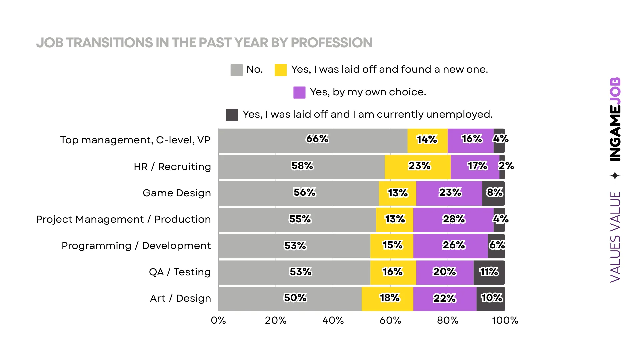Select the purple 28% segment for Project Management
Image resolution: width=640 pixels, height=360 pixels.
[x=453, y=219]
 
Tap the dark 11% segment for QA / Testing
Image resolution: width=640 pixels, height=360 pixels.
[x=489, y=272]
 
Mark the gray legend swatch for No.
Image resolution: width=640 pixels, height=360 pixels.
[x=236, y=70]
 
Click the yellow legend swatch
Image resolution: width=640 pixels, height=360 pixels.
[x=280, y=70]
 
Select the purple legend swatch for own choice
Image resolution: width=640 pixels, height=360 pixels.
[x=299, y=92]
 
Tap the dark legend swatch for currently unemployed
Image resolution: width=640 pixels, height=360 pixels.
[x=232, y=115]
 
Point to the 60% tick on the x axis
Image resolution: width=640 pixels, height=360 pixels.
[x=390, y=320]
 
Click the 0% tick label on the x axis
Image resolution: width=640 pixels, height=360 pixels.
[x=218, y=320]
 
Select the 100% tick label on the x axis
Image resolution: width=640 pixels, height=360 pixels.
[x=505, y=320]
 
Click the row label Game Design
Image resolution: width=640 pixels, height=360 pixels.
[x=177, y=193]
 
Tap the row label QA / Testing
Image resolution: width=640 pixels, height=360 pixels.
[x=180, y=272]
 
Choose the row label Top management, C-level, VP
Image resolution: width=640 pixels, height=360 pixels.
[x=135, y=140]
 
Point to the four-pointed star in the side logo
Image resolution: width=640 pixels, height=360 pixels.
[x=615, y=176]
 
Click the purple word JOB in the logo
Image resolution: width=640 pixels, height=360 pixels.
[x=615, y=91]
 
